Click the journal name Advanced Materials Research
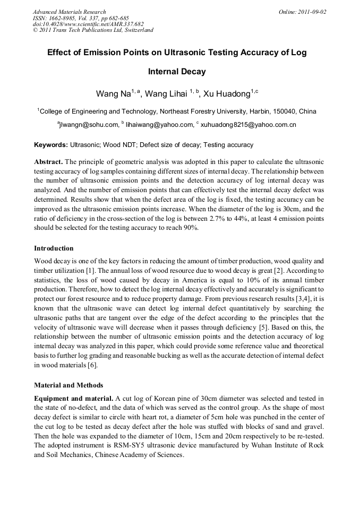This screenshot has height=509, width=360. pos(69,12)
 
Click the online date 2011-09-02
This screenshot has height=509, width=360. pos(310,12)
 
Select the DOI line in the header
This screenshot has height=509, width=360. pos(88,24)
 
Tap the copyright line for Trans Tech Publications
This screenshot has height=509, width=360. pos(93,30)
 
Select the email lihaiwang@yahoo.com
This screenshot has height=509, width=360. pos(159,125)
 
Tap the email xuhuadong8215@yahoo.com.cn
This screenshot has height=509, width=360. pos(247,125)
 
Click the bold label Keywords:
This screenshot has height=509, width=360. pos(51,145)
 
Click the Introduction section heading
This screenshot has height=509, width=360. pos(54,248)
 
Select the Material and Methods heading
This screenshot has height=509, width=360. pos(68,385)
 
